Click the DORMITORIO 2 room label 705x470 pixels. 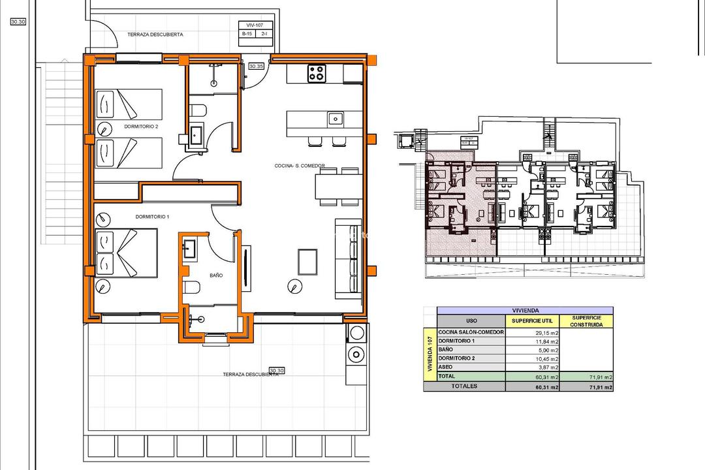click(x=141, y=127)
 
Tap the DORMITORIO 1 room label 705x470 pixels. click(x=152, y=216)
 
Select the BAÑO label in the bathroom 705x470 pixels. click(x=216, y=275)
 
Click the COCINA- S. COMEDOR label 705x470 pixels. click(x=300, y=166)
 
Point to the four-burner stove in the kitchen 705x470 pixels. click(x=317, y=74)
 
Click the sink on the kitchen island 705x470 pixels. click(x=335, y=119)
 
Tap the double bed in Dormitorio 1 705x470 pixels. click(x=126, y=254)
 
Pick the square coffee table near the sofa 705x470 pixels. click(x=308, y=262)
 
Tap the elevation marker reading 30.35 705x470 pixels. click(x=257, y=66)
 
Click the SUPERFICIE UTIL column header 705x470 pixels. click(x=533, y=321)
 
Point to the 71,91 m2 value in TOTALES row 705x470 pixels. click(x=599, y=386)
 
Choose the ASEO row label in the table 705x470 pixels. click(x=446, y=368)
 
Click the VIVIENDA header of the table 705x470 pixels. click(x=525, y=311)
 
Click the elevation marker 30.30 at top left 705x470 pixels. click(x=18, y=22)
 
